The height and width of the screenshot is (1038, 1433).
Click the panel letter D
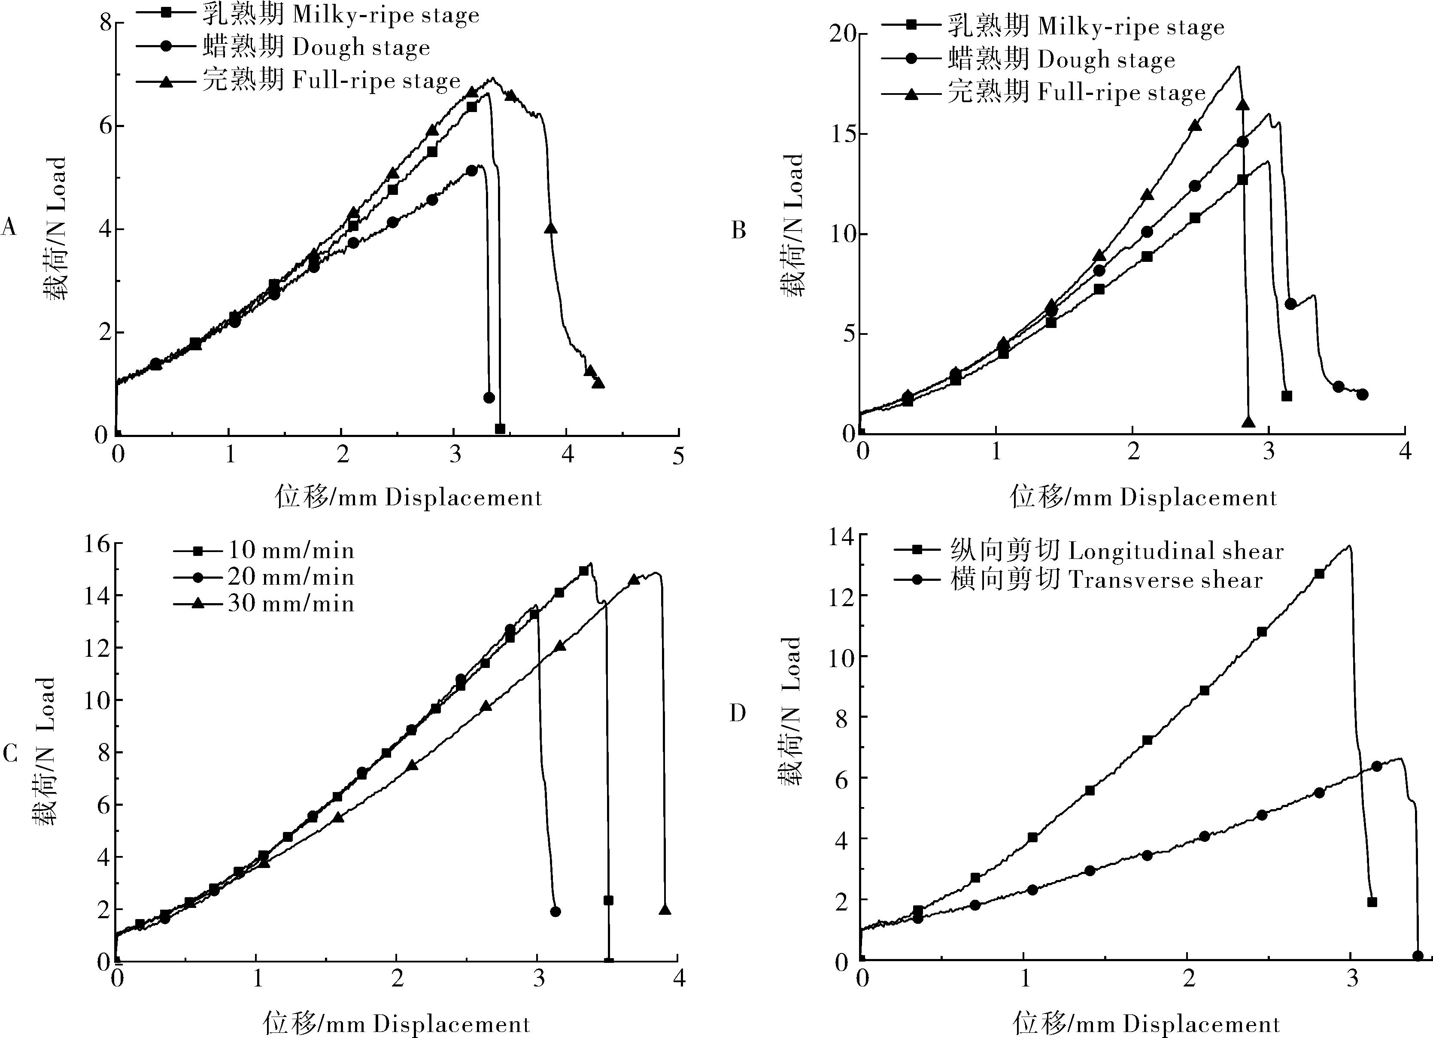[x=738, y=713]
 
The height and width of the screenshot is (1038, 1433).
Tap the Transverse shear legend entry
[x=1106, y=580]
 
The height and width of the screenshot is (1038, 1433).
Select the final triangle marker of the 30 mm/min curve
[x=665, y=909]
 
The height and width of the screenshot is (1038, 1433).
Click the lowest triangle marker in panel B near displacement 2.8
[x=1248, y=422]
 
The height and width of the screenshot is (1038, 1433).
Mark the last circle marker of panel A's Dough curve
[x=489, y=398]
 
